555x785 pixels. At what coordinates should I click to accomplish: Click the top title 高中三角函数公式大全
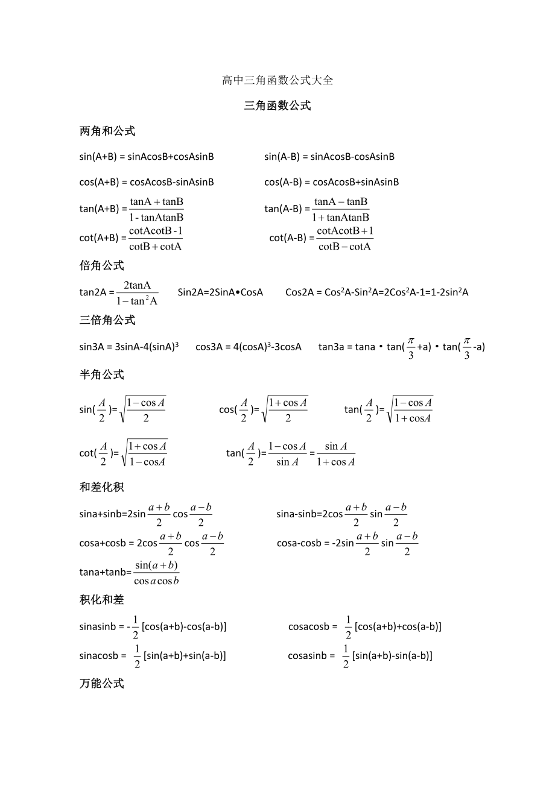click(x=277, y=80)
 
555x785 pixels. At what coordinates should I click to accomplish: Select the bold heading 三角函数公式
click(x=277, y=106)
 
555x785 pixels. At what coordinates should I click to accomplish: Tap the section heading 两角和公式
click(x=107, y=131)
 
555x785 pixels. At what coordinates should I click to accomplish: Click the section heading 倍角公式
click(x=101, y=265)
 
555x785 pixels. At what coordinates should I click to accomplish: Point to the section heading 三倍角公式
click(x=107, y=320)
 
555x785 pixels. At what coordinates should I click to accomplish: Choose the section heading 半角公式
click(x=101, y=374)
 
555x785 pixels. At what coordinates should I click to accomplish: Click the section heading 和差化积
click(x=101, y=487)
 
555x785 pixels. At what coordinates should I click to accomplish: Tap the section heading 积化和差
click(x=101, y=599)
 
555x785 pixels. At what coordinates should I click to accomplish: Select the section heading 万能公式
click(x=101, y=684)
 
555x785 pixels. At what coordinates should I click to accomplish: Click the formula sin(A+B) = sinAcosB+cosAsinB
click(x=147, y=157)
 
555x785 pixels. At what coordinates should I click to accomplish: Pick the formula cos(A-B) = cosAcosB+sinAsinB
click(x=331, y=182)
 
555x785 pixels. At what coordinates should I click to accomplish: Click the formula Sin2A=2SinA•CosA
click(x=220, y=292)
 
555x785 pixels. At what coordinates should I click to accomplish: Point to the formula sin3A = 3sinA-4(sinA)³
click(x=129, y=347)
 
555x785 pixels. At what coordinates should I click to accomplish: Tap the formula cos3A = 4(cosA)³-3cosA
click(x=249, y=347)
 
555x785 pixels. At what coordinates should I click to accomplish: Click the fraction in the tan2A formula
click(x=137, y=293)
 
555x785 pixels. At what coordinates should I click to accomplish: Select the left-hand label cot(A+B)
click(x=98, y=238)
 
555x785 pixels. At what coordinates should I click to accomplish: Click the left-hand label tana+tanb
click(x=104, y=572)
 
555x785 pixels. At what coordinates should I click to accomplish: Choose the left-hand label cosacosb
click(x=309, y=627)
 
